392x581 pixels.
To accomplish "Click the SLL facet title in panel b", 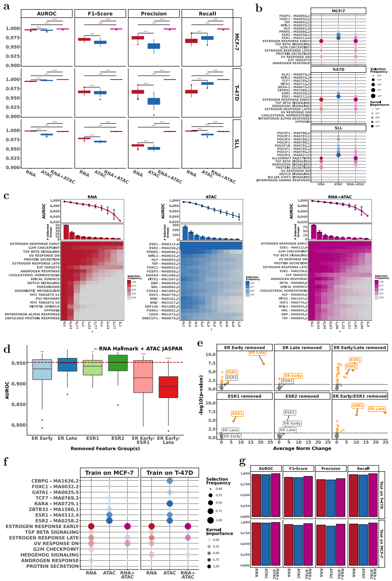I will point(339,128).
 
